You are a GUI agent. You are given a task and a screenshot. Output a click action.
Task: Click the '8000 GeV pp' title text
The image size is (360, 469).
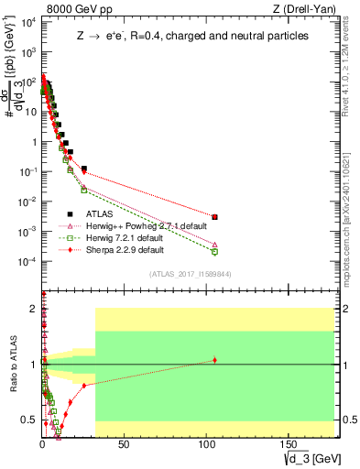pyautogui.click(x=76, y=9)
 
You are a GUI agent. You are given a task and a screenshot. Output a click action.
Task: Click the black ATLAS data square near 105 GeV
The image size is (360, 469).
pyautogui.click(x=214, y=217)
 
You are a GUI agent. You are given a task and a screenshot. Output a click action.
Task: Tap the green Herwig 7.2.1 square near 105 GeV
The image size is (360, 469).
pyautogui.click(x=214, y=251)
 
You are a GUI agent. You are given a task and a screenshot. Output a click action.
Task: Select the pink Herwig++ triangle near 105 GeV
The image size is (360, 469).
pyautogui.click(x=214, y=245)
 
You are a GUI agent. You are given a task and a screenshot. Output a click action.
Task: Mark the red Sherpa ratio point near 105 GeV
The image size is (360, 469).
pyautogui.click(x=214, y=360)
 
